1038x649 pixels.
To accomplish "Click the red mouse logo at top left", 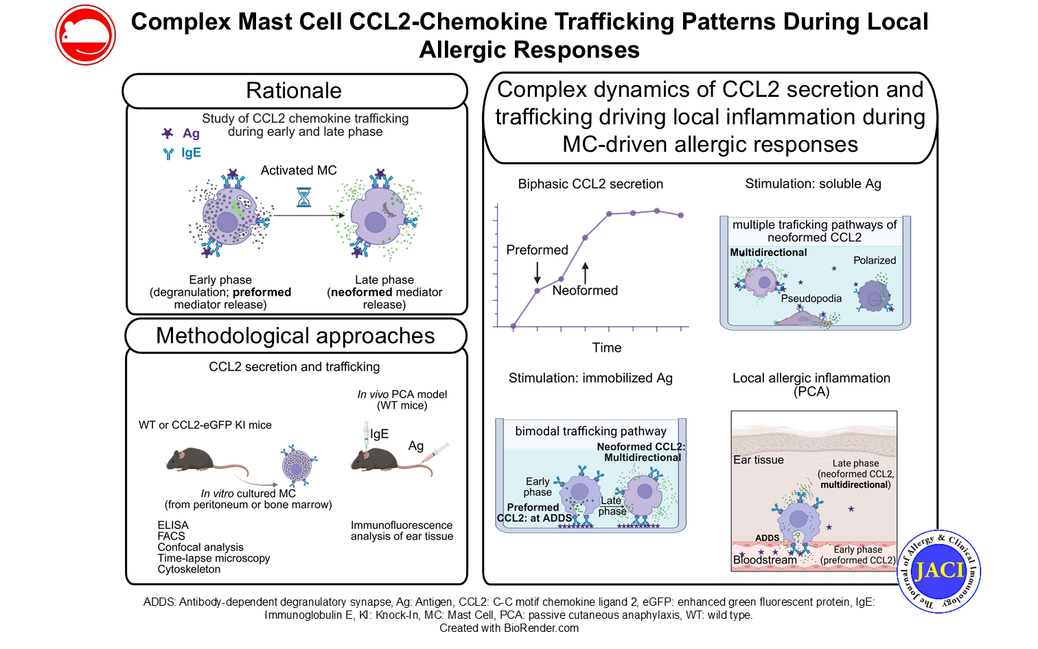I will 85,35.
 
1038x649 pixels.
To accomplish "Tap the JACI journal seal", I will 938,571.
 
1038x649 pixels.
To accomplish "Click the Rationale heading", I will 294,91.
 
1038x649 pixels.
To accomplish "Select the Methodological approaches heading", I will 295,336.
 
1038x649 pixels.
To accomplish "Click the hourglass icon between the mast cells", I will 303,197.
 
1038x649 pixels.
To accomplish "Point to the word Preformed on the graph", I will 537,250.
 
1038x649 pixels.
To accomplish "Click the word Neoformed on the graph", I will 585,291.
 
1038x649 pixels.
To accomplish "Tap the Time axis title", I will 607,348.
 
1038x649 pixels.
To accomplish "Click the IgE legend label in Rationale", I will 191,152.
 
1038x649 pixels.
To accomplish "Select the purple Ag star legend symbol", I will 168,133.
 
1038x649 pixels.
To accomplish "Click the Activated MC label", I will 299,170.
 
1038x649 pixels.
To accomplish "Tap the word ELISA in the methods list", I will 173,525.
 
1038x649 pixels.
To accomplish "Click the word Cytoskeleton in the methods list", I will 189,569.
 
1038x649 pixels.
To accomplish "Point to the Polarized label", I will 875,260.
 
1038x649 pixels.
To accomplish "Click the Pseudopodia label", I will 811,298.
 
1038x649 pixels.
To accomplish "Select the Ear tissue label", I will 758,460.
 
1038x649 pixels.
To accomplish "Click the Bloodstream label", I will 765,560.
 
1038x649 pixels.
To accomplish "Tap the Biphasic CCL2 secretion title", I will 590,184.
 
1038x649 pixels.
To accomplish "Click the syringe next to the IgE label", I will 367,435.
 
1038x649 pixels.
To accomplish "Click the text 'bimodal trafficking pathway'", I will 590,431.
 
